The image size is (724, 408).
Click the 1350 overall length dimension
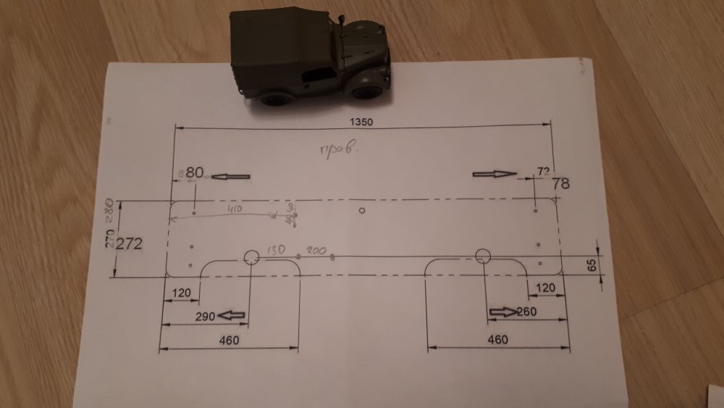(360, 122)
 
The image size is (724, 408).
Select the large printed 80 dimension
(195, 173)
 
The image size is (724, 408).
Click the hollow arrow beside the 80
(232, 176)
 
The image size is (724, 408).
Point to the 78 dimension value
(561, 183)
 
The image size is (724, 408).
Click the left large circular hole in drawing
(251, 257)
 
